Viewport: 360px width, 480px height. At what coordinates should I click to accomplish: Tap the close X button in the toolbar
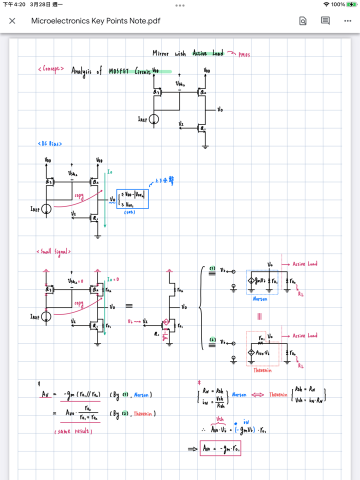[x=12, y=19]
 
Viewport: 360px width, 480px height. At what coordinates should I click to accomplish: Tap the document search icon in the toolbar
[x=326, y=19]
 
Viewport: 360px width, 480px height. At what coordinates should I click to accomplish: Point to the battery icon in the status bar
[x=347, y=5]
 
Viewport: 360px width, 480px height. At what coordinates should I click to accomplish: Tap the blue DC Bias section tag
[x=46, y=143]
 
